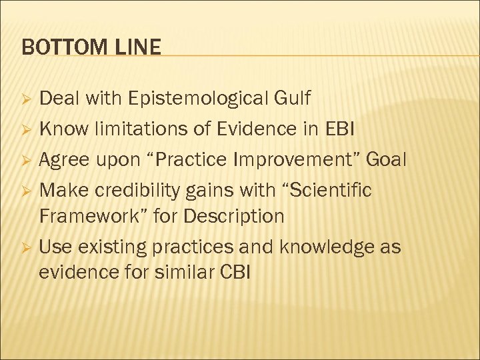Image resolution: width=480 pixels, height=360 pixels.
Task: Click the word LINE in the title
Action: (140, 47)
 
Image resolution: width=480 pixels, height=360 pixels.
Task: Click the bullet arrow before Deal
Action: (25, 100)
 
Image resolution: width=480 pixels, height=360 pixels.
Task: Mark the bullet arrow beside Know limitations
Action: (25, 129)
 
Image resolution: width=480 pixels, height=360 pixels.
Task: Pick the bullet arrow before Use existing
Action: (25, 248)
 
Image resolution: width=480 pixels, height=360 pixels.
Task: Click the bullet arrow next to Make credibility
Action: (25, 191)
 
